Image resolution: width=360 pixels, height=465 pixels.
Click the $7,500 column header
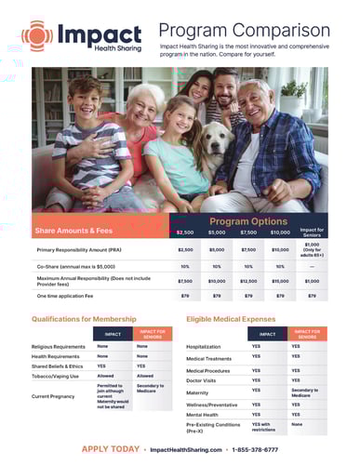point(248,232)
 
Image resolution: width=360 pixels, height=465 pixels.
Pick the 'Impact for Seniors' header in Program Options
point(312,232)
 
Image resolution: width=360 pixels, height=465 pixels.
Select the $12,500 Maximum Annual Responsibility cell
point(248,280)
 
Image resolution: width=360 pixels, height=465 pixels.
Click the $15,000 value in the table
point(280,280)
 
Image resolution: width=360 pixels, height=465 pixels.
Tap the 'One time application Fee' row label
point(69,296)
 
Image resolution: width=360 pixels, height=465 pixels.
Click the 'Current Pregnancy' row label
point(55,396)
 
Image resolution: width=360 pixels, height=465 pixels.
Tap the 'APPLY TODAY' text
point(111,448)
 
